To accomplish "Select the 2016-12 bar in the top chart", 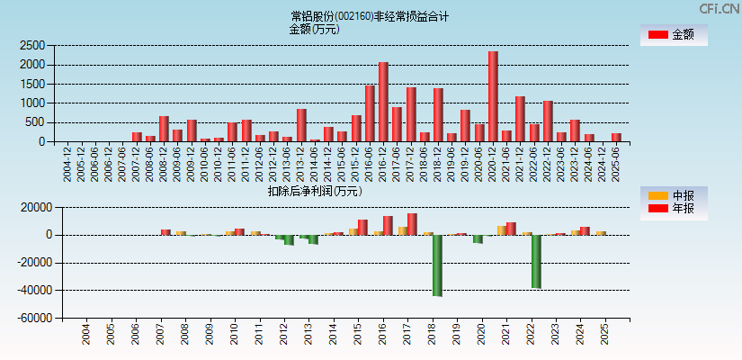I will [x=383, y=102].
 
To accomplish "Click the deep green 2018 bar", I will [x=437, y=265].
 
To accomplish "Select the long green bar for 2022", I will [x=536, y=262].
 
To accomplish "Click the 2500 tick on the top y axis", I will [x=33, y=46].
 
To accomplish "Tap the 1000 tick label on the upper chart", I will [x=33, y=103].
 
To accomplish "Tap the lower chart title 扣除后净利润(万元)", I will [x=315, y=191].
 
